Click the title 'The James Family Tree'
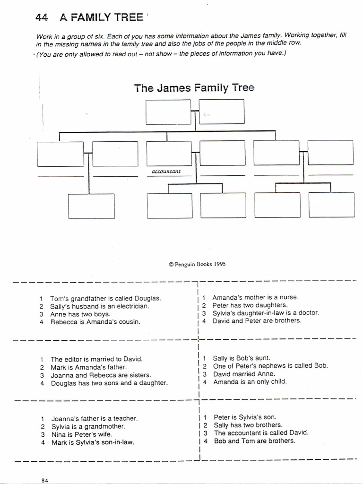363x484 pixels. click(194, 88)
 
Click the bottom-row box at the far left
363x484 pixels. click(91, 206)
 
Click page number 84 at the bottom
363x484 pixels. click(45, 480)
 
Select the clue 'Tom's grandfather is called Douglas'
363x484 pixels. click(105, 299)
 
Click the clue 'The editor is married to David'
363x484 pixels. click(96, 359)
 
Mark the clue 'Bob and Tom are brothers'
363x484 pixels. click(254, 441)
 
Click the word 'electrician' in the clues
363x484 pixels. click(132, 306)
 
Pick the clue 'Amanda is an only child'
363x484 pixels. click(250, 381)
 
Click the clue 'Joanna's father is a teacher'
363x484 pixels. click(94, 418)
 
